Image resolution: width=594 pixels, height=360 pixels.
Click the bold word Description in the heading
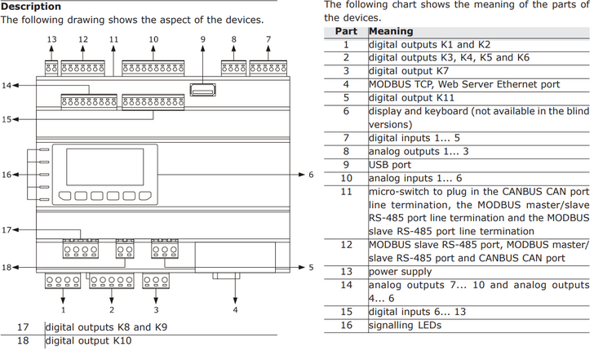[32, 7]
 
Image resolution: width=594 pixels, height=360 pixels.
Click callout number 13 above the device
[51, 39]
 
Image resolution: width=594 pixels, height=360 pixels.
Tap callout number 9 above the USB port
[202, 39]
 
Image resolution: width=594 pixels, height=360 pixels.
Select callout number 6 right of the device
[311, 175]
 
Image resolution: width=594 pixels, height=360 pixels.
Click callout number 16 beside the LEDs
[7, 175]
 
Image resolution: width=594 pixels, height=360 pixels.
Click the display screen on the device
[94, 166]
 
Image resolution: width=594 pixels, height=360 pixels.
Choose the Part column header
[345, 31]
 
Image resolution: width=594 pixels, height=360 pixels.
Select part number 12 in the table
[345, 245]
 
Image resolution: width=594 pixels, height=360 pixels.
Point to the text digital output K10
[88, 340]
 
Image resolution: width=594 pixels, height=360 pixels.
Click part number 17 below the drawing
[23, 327]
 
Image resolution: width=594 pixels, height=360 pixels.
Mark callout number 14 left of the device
[7, 85]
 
